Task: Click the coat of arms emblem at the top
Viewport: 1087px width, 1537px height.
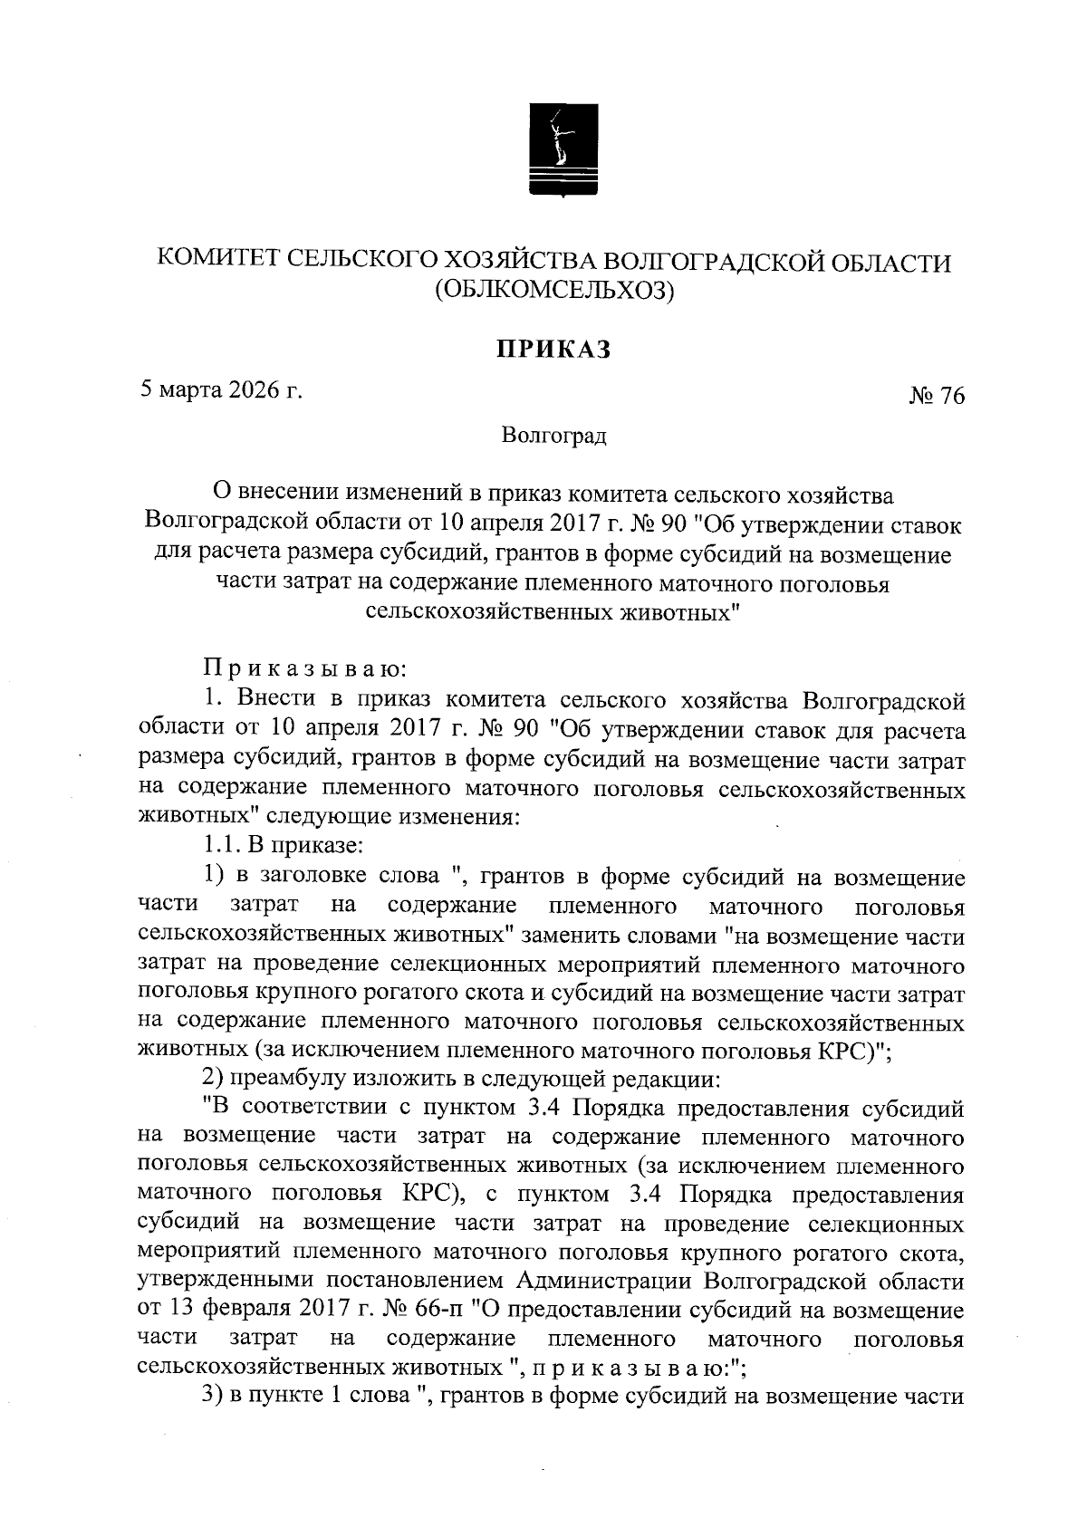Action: point(560,149)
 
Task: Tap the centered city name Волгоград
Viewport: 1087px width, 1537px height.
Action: point(553,436)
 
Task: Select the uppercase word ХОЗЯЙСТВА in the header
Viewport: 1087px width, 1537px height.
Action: point(517,262)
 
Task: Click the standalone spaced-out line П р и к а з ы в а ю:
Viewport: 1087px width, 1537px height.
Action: point(305,670)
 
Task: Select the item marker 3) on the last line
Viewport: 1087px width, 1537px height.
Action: point(212,1398)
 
